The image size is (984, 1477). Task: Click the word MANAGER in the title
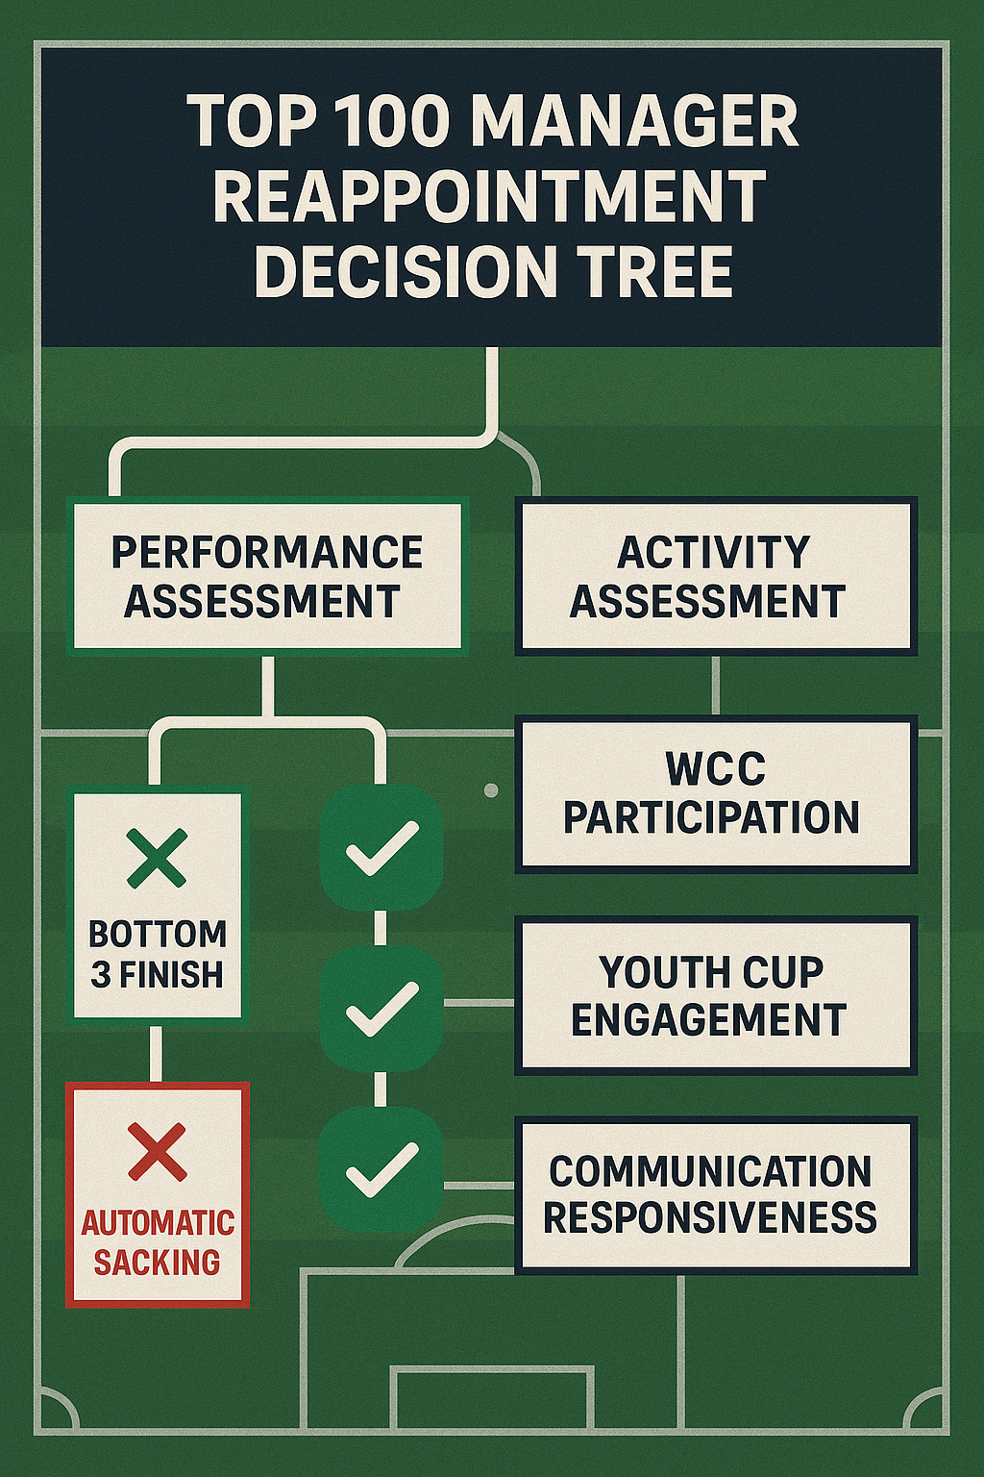click(x=634, y=122)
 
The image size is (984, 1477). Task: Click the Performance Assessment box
click(x=266, y=576)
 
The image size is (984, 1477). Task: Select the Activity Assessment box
click(x=716, y=576)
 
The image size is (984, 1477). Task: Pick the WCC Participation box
click(x=716, y=793)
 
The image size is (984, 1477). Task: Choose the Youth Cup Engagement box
click(x=716, y=995)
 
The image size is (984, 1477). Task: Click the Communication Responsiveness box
click(x=716, y=1195)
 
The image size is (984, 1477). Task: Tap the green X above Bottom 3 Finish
click(x=158, y=858)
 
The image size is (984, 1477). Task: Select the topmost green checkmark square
click(x=381, y=847)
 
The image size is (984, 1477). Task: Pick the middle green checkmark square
click(x=381, y=1008)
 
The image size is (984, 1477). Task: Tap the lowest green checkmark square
click(x=381, y=1168)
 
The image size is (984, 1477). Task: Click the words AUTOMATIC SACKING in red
click(x=158, y=1242)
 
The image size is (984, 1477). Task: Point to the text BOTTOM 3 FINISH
click(x=158, y=954)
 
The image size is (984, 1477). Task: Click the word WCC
click(x=716, y=769)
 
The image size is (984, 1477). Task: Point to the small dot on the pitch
click(x=491, y=790)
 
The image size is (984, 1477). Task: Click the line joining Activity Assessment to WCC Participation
click(x=716, y=685)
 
